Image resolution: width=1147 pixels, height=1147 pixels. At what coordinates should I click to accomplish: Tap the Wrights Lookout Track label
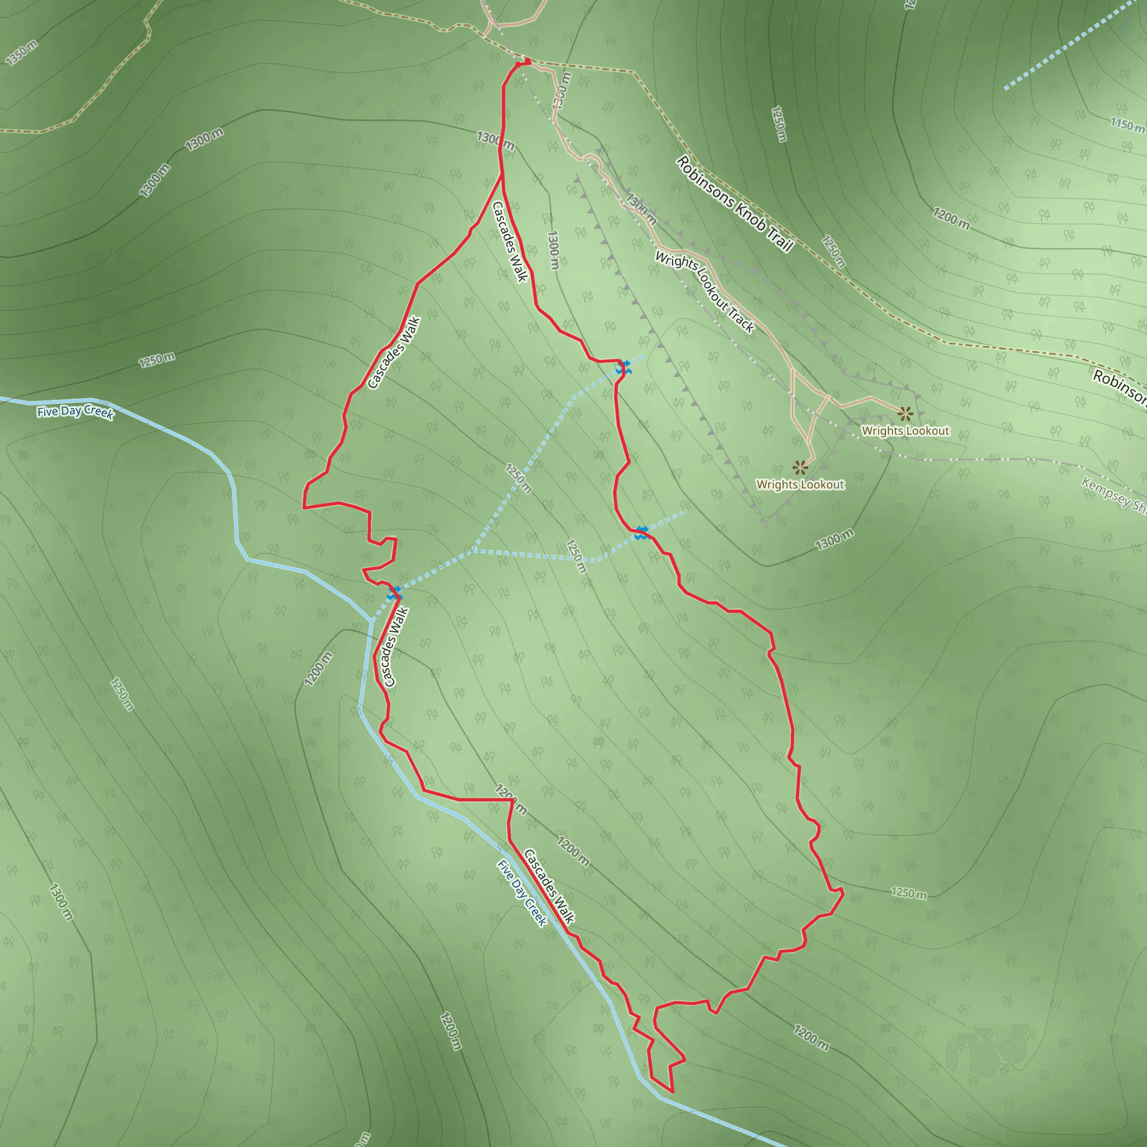coord(704,291)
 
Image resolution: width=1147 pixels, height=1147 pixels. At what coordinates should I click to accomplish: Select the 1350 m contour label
coord(21,52)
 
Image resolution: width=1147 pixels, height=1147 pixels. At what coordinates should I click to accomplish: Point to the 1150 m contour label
coord(1127,125)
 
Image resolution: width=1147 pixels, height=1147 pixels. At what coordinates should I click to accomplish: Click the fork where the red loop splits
coord(502,176)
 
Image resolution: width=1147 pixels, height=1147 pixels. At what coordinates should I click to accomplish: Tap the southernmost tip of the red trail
coord(673,1091)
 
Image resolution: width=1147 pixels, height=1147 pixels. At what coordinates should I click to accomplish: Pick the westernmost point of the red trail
coord(304,507)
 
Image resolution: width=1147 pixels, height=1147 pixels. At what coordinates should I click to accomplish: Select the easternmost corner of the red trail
coord(843,892)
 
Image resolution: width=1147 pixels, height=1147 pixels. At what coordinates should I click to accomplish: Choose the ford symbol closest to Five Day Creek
coord(395,593)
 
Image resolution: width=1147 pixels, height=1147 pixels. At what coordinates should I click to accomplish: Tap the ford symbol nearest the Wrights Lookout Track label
coord(623,367)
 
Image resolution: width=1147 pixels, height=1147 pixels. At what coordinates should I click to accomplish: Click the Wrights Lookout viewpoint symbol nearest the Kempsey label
coord(904,413)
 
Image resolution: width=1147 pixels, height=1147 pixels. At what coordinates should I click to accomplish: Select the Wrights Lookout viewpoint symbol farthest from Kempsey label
coord(800,467)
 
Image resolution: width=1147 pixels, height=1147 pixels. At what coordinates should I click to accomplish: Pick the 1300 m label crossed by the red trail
coord(495,141)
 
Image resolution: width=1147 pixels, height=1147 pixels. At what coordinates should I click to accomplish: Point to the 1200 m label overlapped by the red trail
coord(511,799)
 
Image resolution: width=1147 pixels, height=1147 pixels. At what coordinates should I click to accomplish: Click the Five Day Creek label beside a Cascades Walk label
coord(522,892)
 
